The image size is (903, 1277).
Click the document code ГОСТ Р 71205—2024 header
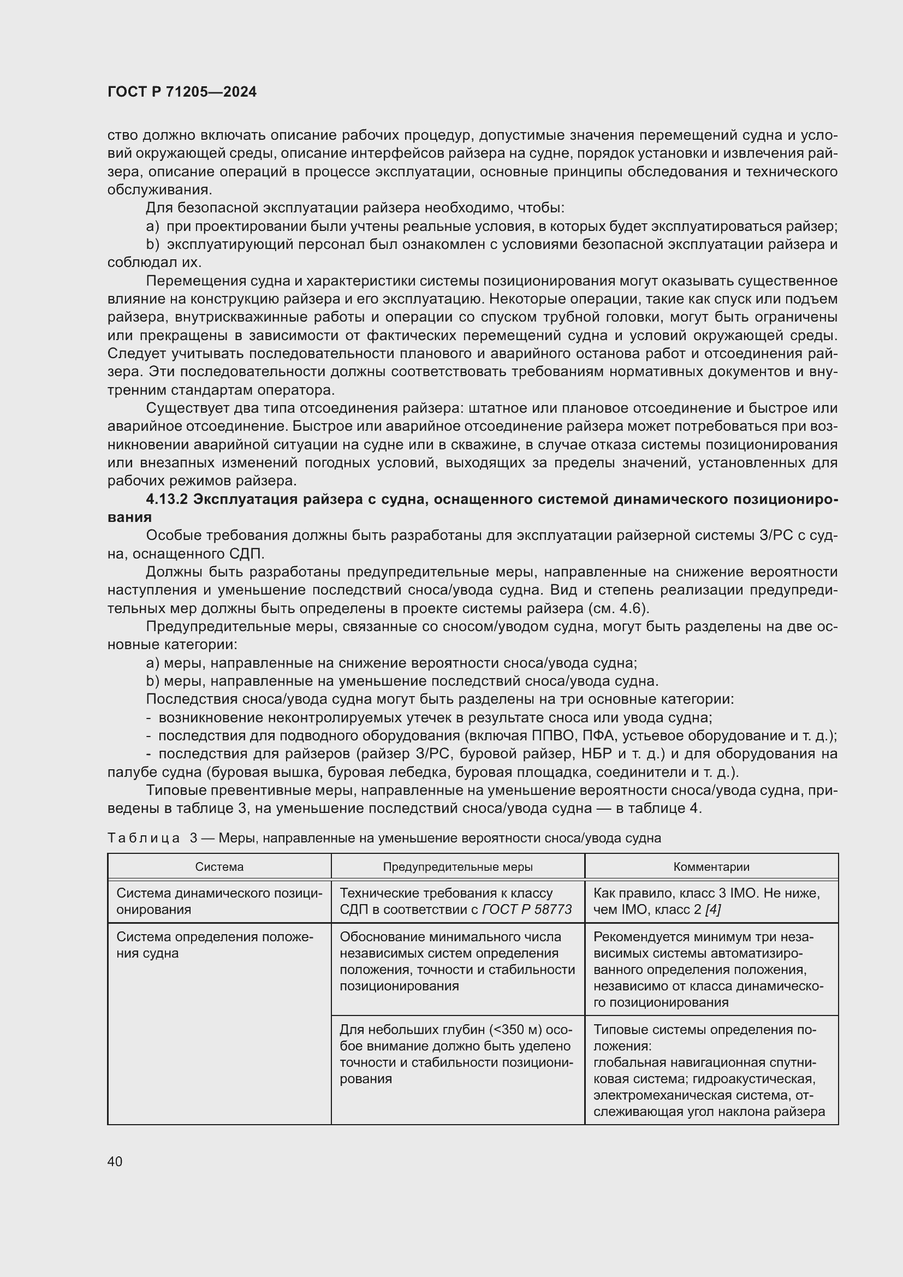point(182,92)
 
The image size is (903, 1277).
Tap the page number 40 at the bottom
point(115,1161)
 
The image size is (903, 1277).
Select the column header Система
point(219,866)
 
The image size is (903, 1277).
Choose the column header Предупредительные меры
point(457,866)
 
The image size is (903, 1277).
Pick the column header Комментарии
point(711,866)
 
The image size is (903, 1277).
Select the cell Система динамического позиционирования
point(218,901)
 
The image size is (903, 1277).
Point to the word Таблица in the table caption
point(144,838)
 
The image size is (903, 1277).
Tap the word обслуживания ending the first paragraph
point(158,189)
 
